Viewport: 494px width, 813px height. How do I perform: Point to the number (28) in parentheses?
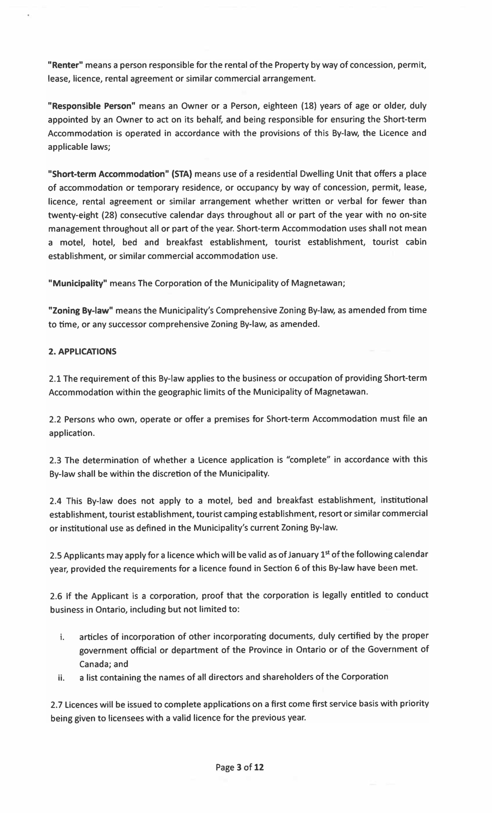[x=109, y=215]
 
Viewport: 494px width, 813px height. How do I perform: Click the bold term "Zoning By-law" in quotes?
[x=81, y=310]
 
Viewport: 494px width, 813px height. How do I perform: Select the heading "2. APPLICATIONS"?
[x=82, y=351]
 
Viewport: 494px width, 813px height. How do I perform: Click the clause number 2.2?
[x=55, y=419]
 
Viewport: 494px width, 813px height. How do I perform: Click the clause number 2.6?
[x=56, y=596]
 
